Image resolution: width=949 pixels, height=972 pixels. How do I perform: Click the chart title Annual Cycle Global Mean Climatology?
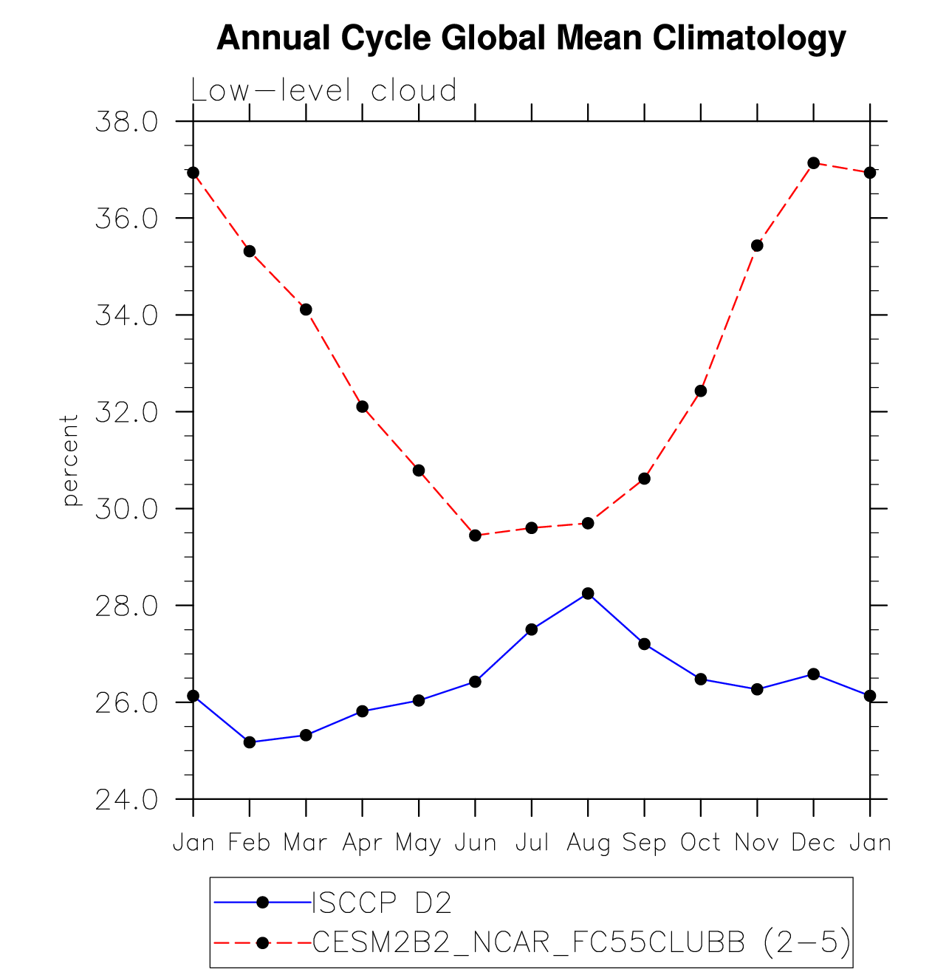530,38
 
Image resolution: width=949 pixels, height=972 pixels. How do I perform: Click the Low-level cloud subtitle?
323,91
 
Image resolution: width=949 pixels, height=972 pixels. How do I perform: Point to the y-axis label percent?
70,460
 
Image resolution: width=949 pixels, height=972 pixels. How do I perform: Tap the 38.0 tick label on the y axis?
126,122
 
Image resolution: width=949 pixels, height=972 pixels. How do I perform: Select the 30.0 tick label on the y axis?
126,510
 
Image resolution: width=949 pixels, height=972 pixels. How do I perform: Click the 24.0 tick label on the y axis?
126,800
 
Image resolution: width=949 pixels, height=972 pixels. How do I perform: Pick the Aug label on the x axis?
588,843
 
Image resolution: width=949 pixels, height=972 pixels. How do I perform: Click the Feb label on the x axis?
250,843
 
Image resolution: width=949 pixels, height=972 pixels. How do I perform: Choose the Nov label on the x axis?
757,843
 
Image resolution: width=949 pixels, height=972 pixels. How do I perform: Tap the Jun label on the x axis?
475,843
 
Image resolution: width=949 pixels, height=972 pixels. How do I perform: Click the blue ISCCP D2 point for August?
588,593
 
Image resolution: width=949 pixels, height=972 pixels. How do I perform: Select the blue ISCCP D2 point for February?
250,742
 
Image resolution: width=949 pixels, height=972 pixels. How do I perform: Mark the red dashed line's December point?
813,162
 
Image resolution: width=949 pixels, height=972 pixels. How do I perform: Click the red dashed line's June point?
475,535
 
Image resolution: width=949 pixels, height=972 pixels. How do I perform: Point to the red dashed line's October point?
701,391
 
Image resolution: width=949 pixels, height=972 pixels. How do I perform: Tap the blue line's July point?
532,629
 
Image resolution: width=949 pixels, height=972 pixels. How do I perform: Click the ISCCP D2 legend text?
382,903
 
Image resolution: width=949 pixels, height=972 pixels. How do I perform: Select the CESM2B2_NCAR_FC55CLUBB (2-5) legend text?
581,942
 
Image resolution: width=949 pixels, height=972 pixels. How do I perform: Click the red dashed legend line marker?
261,942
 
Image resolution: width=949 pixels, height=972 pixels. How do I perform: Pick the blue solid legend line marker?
261,902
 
